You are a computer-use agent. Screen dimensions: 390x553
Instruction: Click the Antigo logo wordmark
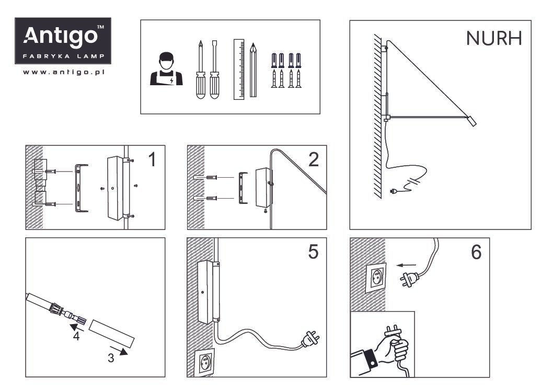click(62, 36)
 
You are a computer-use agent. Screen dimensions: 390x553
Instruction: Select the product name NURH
click(493, 38)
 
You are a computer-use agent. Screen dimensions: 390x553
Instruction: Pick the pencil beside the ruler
click(254, 70)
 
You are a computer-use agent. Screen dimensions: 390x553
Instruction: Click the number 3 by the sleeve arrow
click(111, 358)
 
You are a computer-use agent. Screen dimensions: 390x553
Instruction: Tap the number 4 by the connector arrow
click(76, 337)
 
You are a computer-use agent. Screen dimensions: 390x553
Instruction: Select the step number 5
click(313, 253)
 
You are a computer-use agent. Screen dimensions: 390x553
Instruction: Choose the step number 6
click(476, 253)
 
